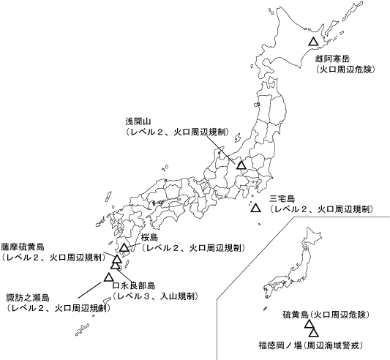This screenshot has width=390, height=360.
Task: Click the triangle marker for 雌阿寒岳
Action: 313,42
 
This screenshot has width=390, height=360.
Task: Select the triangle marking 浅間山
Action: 241,164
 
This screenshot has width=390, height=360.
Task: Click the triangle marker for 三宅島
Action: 255,209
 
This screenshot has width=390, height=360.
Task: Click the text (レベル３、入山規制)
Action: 155,296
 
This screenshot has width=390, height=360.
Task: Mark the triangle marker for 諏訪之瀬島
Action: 108,277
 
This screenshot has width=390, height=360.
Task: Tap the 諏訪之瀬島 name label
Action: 28,298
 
